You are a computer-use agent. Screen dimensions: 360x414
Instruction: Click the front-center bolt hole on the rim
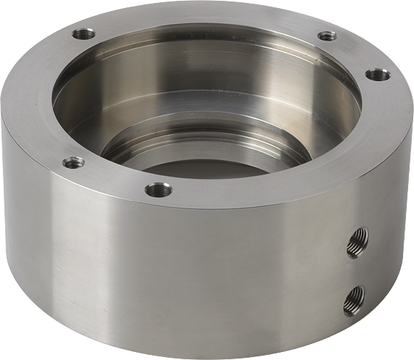click(158, 191)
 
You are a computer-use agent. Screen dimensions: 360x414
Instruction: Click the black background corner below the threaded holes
click(396, 341)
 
